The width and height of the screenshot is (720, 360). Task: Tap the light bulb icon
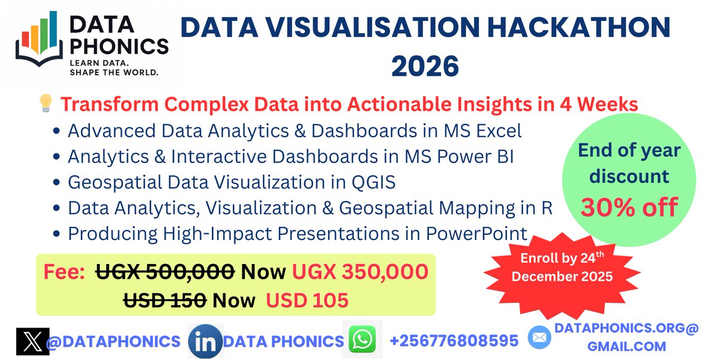point(46,104)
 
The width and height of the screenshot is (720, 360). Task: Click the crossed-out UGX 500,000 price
point(165,271)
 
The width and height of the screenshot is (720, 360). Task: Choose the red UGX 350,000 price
point(360,271)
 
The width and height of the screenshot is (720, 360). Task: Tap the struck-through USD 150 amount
point(166,299)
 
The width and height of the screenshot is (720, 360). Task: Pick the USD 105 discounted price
point(308,299)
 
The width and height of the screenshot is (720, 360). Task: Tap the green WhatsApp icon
point(362,340)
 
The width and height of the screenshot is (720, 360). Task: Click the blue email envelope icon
point(539,338)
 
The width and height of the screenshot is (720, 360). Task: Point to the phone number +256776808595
point(454,341)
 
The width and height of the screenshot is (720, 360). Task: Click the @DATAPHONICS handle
point(113,341)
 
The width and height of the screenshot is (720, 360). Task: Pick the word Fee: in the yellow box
point(64,271)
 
